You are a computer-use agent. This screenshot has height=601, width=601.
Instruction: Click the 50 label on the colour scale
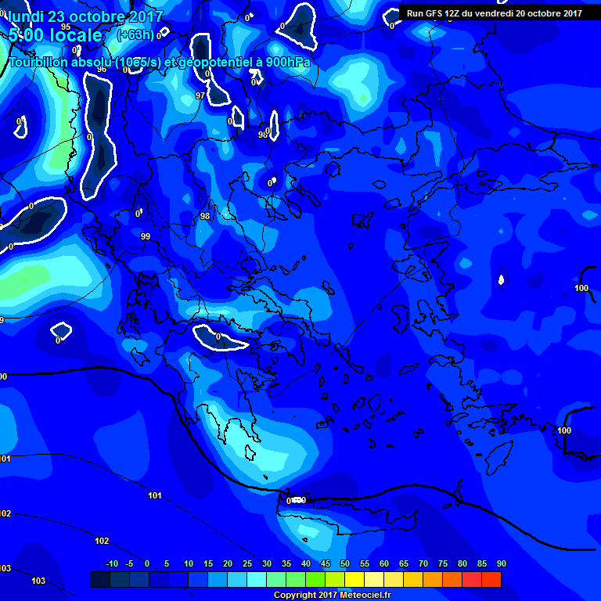pyautogui.click(x=345, y=563)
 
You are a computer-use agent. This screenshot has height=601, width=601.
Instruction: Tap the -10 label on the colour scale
pyautogui.click(x=112, y=563)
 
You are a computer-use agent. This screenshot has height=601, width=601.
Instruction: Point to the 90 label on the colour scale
pyautogui.click(x=501, y=563)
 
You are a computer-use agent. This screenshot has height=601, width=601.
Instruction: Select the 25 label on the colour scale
pyautogui.click(x=247, y=563)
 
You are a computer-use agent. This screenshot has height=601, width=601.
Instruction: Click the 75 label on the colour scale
pyautogui.click(x=443, y=563)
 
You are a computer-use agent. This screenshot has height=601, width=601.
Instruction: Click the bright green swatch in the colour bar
pyautogui.click(x=315, y=579)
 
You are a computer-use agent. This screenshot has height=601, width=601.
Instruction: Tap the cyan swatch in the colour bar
pyautogui.click(x=257, y=579)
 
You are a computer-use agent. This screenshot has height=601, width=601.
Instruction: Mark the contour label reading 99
pyautogui.click(x=145, y=236)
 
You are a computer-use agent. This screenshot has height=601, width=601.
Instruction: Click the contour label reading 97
pyautogui.click(x=200, y=95)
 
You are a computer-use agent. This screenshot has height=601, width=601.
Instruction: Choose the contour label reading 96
pyautogui.click(x=101, y=70)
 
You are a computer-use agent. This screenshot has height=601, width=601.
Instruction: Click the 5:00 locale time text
pyautogui.click(x=55, y=35)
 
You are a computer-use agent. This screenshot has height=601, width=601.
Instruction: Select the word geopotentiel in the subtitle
pyautogui.click(x=213, y=63)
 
